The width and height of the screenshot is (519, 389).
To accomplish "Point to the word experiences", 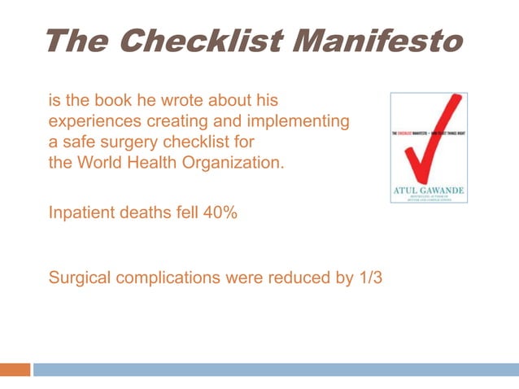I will pyautogui.click(x=94, y=122).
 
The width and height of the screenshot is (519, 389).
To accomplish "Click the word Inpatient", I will pyautogui.click(x=81, y=214).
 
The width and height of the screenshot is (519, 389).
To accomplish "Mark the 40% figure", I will pyautogui.click(x=220, y=214).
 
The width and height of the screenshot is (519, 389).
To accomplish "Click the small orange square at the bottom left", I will pyautogui.click(x=15, y=369).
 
